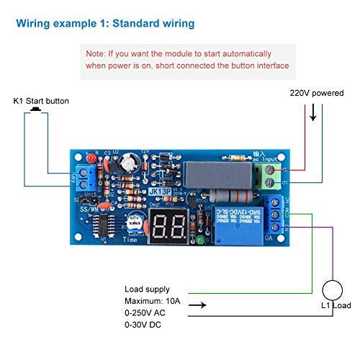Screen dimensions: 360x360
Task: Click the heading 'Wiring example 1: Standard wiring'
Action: [105, 24]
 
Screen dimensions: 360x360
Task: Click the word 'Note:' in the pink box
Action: [97, 54]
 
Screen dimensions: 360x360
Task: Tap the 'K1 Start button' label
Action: [41, 101]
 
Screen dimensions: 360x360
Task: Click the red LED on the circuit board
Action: [91, 158]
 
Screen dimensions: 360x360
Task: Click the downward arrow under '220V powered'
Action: [312, 114]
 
